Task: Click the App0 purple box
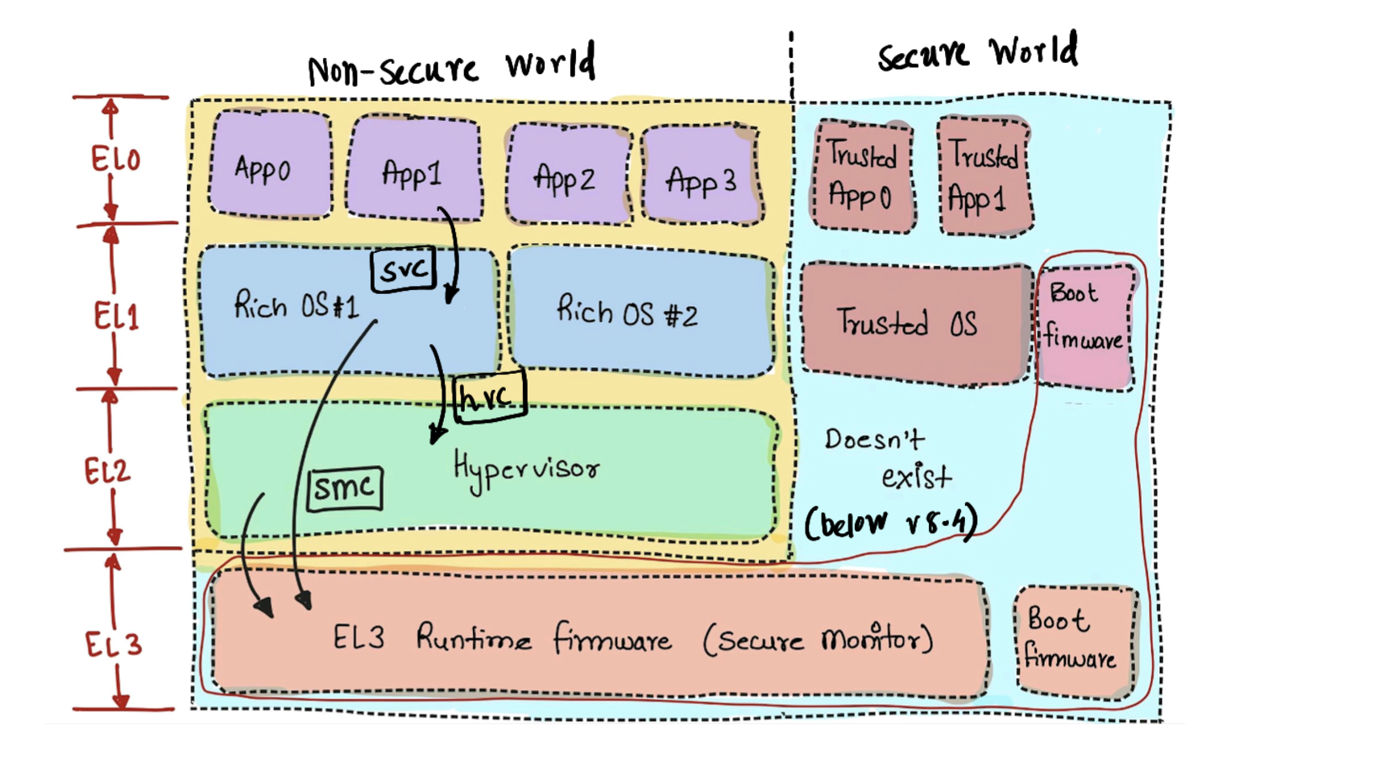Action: point(270,165)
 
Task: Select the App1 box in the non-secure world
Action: point(413,169)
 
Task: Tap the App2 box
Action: point(567,174)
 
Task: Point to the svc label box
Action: point(404,269)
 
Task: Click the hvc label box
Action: point(490,395)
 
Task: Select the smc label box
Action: point(345,488)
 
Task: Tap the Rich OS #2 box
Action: point(640,313)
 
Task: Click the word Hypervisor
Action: point(526,470)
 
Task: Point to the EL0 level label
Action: point(115,159)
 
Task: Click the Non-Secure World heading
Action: point(451,66)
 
